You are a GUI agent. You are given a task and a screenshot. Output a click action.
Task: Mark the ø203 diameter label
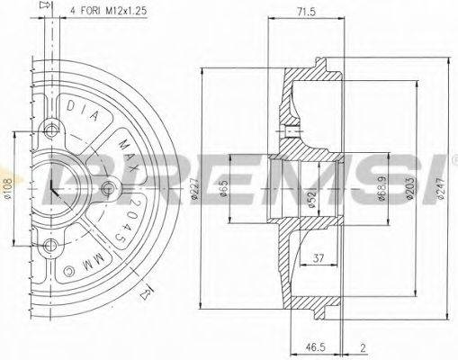415,190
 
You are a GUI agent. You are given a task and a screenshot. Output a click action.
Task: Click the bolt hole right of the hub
109,187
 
